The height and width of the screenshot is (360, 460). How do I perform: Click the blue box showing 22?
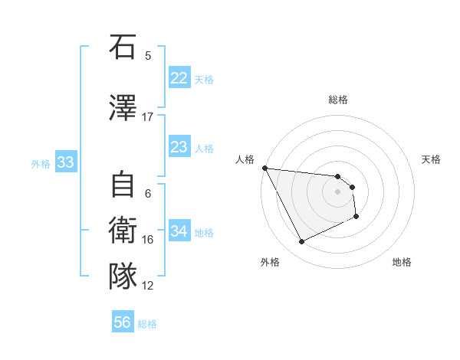179,78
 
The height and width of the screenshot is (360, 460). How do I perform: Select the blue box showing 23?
179,147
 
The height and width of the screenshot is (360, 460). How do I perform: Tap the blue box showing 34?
179,231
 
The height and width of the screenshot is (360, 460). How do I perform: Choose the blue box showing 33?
65,162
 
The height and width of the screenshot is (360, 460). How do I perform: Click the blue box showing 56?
123,322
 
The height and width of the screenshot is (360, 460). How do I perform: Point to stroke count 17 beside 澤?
148,117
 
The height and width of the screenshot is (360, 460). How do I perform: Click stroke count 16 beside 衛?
148,240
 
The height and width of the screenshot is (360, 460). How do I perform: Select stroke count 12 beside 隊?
148,286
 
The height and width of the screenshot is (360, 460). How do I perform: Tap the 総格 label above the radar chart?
338,100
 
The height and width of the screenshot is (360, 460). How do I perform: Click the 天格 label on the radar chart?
432,159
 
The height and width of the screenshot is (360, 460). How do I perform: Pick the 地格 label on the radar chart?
402,262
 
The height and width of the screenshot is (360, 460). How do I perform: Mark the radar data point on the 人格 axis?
264,168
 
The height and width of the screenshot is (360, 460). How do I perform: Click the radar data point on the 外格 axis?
301,242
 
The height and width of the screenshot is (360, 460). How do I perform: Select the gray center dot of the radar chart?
338,191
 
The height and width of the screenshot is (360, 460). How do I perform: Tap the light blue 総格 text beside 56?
147,324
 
